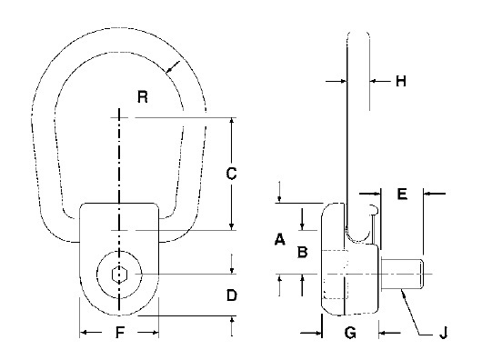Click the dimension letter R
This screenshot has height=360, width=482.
pos(143,96)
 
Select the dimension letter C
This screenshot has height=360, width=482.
pos(231,174)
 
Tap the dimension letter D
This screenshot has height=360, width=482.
pos(232,295)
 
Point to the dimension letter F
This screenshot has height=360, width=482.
pos(120,332)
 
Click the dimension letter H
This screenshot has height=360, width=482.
pos(400,81)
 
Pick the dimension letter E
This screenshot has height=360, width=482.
pos(402,194)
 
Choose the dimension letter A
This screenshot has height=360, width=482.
pos(279,239)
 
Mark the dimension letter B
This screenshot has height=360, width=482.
pos(303,252)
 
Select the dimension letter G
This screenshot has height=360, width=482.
pos(350,333)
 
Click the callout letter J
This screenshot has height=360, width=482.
pos(443,333)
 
